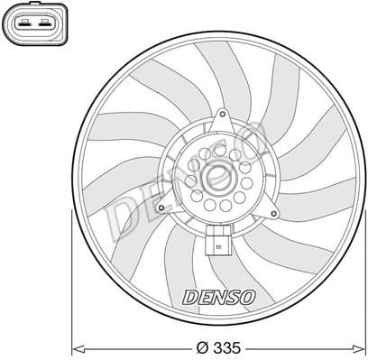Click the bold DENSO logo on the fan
coord(219,296)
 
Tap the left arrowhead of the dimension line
coord(77,346)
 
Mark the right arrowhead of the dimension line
coord(360,346)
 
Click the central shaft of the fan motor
coord(217,180)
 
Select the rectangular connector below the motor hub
coord(216,241)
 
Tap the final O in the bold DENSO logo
coord(248,296)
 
